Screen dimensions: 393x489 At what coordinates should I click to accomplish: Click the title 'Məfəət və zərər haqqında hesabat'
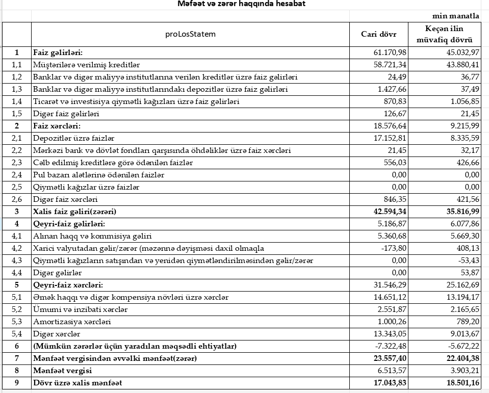242,4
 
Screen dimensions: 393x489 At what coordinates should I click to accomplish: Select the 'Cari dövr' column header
378,34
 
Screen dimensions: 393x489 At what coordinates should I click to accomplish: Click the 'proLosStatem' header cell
190,34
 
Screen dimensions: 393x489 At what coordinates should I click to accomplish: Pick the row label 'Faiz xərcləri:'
57,126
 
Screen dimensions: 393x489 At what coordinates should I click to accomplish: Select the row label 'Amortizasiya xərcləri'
72,322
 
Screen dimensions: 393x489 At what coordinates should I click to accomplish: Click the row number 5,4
17,334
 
